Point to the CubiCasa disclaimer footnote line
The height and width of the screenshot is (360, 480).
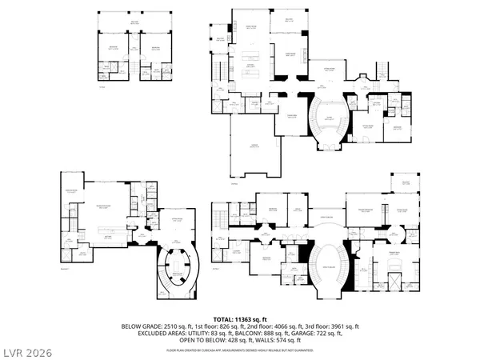[239, 350]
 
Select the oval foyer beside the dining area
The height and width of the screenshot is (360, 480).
[327, 121]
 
